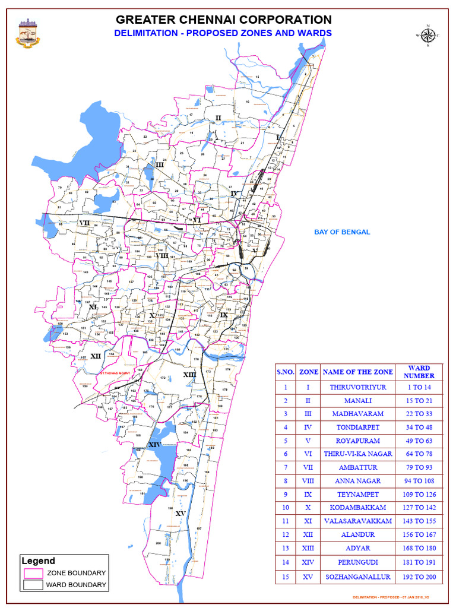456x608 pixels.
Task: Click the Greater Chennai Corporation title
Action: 223,20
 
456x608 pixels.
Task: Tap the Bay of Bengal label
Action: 342,232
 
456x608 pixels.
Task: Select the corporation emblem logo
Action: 27,33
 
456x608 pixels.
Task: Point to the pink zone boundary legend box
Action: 33,573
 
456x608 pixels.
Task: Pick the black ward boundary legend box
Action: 33,585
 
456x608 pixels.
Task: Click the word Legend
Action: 39,560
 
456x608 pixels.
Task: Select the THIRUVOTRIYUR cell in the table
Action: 357,387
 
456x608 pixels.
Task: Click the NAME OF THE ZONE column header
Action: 357,372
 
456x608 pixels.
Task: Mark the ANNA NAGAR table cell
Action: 357,481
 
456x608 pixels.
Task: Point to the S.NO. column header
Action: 286,372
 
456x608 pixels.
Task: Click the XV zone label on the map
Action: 181,514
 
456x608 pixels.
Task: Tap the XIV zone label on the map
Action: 154,445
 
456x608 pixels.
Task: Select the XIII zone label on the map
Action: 189,375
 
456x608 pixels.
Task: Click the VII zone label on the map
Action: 84,223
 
